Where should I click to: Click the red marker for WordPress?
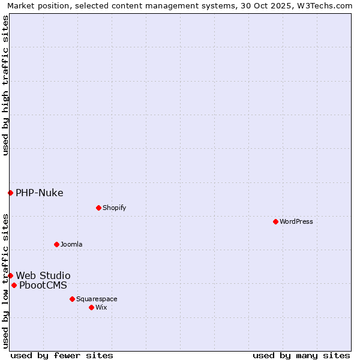pyautogui.click(x=275, y=221)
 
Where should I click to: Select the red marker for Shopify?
pyautogui.click(x=98, y=208)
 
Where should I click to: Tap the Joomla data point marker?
pyautogui.click(x=56, y=244)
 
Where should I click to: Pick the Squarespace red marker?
pyautogui.click(x=72, y=299)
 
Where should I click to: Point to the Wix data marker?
pyautogui.click(x=91, y=307)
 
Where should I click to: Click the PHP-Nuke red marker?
pyautogui.click(x=10, y=193)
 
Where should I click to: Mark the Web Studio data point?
pyautogui.click(x=10, y=275)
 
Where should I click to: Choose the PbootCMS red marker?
pyautogui.click(x=14, y=285)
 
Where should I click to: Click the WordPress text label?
pyautogui.click(x=296, y=221)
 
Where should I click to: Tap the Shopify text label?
pyautogui.click(x=114, y=208)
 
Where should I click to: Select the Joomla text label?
pyautogui.click(x=71, y=244)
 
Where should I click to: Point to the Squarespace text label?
pyautogui.click(x=97, y=299)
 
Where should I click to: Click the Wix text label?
pyautogui.click(x=101, y=307)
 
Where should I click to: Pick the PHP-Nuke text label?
pyautogui.click(x=39, y=193)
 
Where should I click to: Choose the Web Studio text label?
pyautogui.click(x=43, y=275)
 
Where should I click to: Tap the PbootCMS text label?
pyautogui.click(x=43, y=285)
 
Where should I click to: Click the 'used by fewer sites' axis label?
pyautogui.click(x=61, y=355)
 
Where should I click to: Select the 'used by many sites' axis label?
pyautogui.click(x=301, y=355)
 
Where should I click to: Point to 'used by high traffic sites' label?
pyautogui.click(x=5, y=85)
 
